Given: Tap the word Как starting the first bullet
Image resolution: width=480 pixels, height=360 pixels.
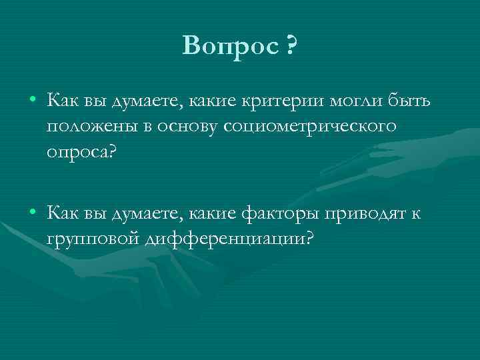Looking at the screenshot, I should [x=62, y=101].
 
